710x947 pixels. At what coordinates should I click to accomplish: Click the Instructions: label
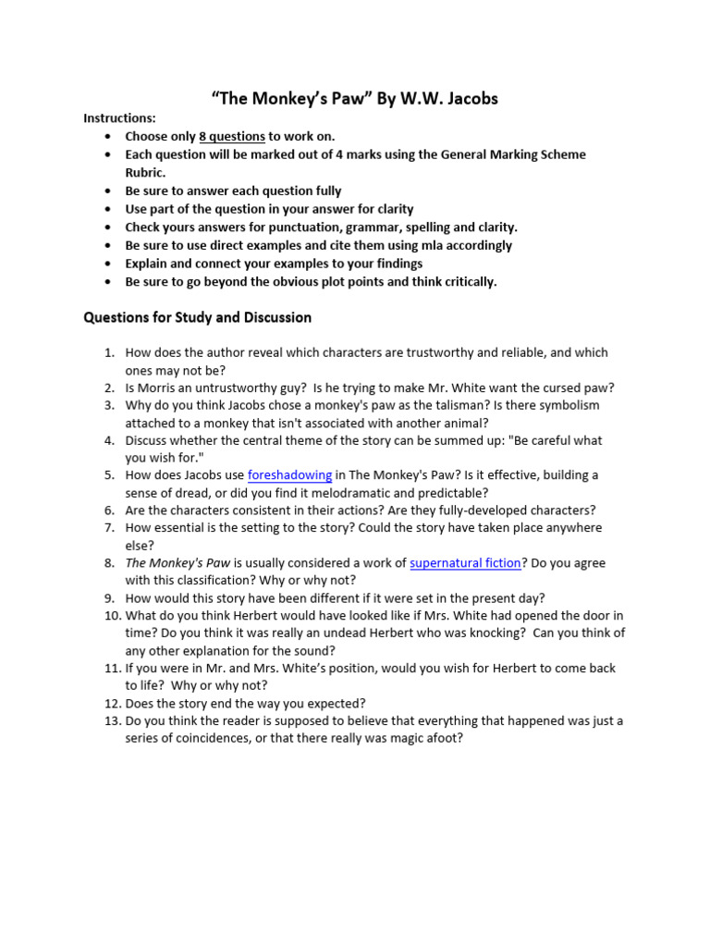[119, 118]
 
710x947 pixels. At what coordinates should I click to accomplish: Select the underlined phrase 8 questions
[232, 136]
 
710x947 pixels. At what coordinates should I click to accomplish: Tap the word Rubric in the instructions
[145, 172]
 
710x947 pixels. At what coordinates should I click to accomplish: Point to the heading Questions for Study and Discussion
[197, 317]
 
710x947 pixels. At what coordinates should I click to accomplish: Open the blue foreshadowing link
[289, 475]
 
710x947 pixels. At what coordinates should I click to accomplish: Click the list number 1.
[107, 352]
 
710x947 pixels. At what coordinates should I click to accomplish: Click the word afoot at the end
[443, 738]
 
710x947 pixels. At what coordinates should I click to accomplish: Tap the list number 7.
[107, 528]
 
